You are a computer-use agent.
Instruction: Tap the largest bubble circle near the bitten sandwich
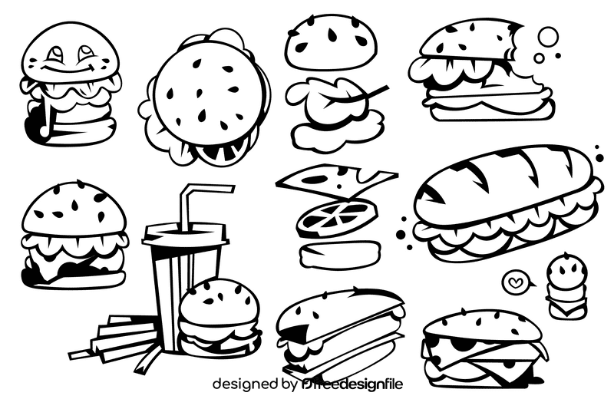(x=549, y=37)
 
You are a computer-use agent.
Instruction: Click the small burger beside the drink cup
(x=220, y=317)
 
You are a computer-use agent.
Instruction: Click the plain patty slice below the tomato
(x=338, y=252)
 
